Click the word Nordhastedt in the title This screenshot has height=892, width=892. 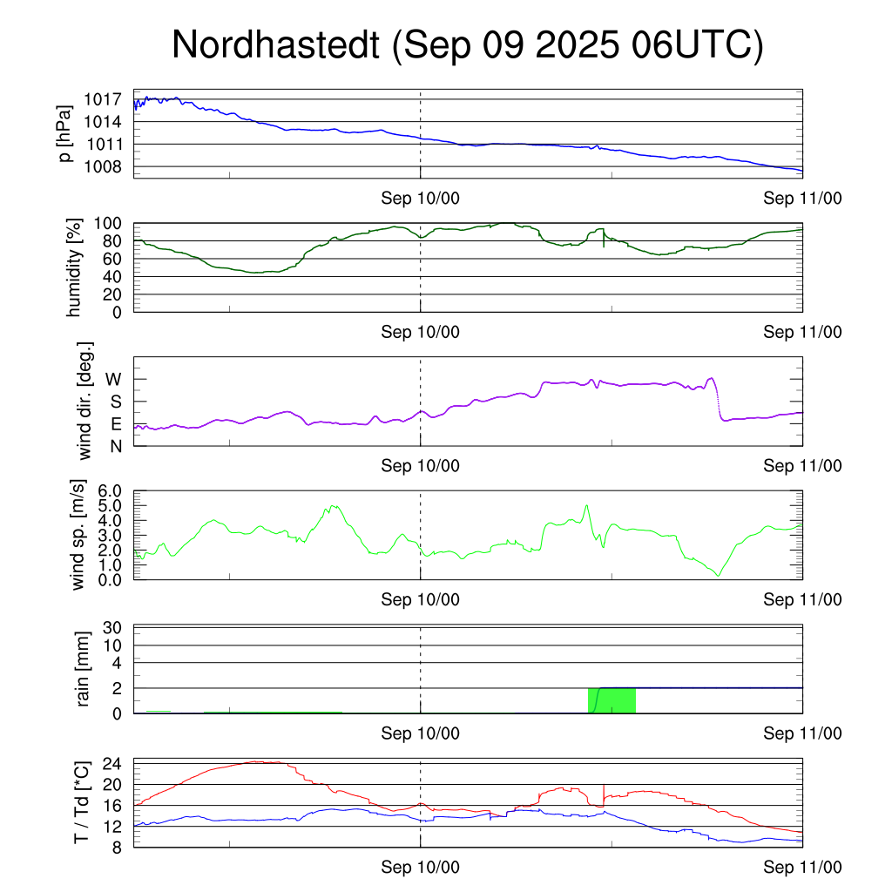[x=275, y=45]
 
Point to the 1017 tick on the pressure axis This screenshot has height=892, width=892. [x=105, y=99]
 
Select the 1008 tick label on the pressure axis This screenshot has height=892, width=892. [x=105, y=166]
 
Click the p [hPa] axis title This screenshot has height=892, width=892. [x=65, y=134]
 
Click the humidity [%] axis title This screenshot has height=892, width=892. [x=75, y=267]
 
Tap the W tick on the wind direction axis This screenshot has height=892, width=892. [x=114, y=379]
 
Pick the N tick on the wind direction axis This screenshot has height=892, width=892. [x=116, y=446]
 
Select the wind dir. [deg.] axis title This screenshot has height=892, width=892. [x=85, y=401]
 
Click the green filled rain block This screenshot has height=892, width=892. [x=612, y=700]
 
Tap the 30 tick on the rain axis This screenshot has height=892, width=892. [x=114, y=628]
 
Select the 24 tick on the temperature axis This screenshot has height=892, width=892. [x=114, y=763]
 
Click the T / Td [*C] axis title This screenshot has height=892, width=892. [x=81, y=803]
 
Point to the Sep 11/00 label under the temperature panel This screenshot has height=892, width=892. [x=802, y=868]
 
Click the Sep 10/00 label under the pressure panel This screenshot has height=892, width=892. [x=420, y=199]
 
